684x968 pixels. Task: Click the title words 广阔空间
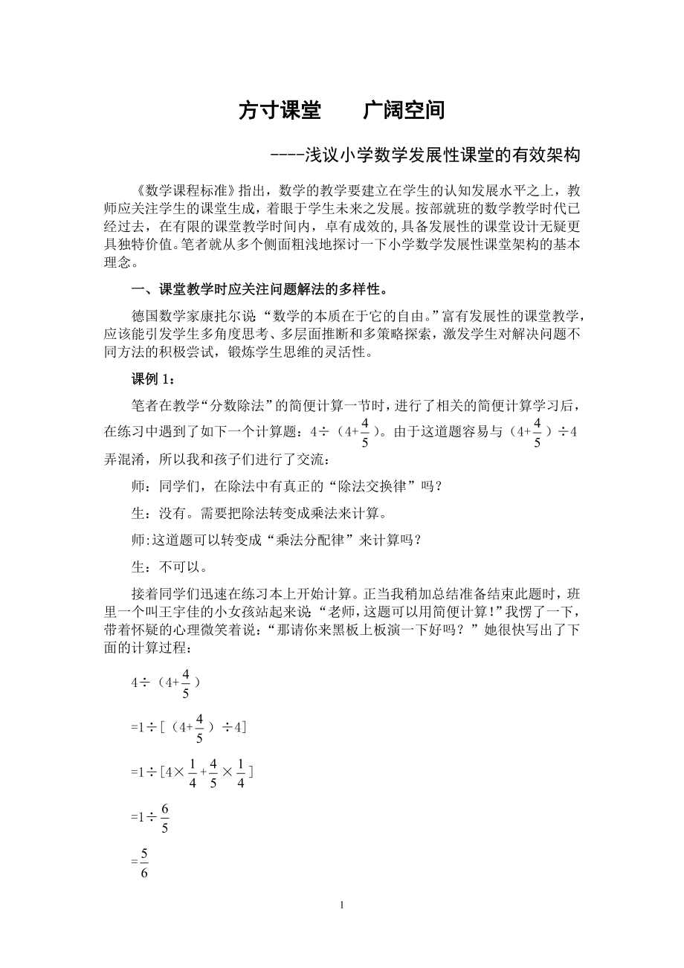(x=404, y=111)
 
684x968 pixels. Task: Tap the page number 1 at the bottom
(x=341, y=905)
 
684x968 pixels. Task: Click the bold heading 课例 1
(x=153, y=379)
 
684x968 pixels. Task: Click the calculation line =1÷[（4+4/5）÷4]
(x=189, y=728)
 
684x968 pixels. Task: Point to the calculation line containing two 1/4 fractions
(x=192, y=773)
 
